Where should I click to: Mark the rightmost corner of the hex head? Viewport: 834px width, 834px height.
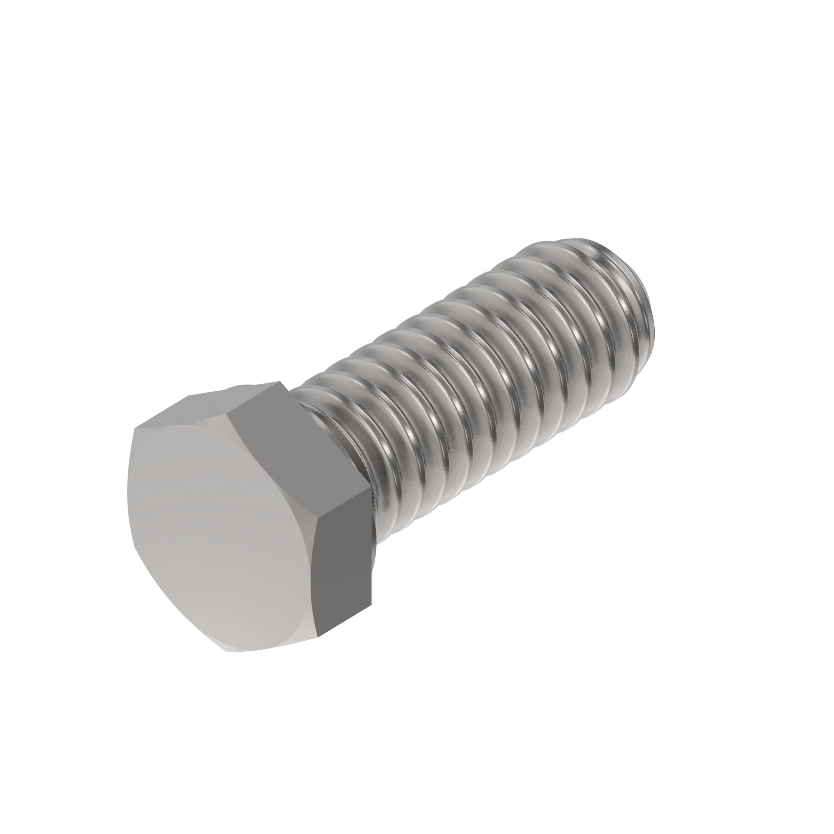point(371,492)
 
